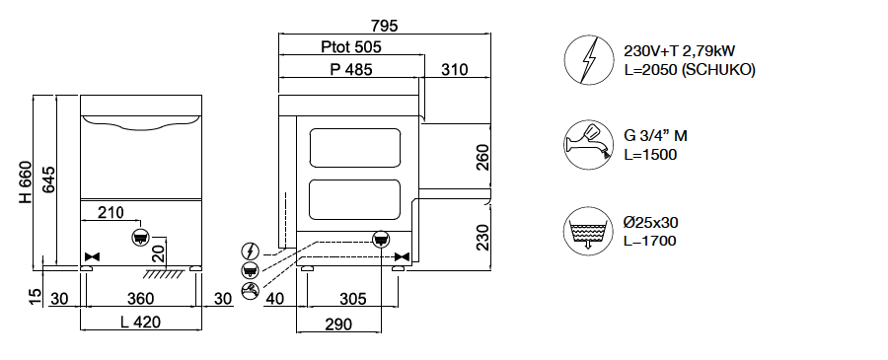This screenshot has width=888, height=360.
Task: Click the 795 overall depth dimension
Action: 385,26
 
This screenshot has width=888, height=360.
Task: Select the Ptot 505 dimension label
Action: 351,47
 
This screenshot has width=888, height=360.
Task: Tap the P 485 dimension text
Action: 351,70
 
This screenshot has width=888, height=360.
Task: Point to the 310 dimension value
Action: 455,70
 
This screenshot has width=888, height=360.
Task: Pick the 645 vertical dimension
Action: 48,180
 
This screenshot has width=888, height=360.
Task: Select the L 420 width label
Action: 140,323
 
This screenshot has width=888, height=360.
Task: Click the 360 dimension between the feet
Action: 140,298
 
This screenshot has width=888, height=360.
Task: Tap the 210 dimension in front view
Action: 111,213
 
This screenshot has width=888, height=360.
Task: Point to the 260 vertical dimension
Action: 481,158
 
